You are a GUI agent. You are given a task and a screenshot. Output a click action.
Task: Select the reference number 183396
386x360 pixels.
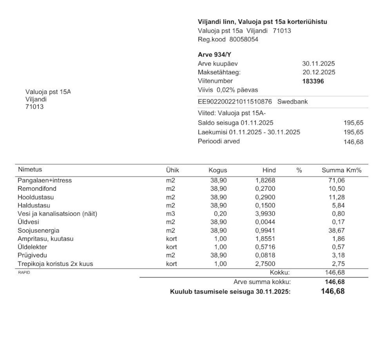point(313,81)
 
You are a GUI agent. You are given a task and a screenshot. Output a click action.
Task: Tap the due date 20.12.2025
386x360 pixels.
point(318,72)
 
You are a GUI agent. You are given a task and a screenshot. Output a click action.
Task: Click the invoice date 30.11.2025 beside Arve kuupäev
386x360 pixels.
point(318,64)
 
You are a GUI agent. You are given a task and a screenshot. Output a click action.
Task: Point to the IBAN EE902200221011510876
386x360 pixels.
point(235,102)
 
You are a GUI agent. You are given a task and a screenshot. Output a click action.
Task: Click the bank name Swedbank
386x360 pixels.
point(292,102)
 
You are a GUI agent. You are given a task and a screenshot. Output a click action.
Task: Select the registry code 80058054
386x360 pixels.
point(244,39)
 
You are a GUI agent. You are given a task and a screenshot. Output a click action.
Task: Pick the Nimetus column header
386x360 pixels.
point(30,170)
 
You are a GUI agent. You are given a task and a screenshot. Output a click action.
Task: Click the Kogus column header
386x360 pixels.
point(218,171)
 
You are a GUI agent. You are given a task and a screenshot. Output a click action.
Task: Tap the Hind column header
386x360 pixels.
point(269,171)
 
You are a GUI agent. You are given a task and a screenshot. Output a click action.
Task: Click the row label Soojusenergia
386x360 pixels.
point(38,230)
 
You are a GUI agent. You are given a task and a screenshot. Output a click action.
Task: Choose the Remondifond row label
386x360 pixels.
point(37,189)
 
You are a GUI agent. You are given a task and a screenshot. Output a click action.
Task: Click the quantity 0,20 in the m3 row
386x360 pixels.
point(221,214)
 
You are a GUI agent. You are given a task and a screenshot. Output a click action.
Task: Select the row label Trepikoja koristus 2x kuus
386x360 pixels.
point(55,264)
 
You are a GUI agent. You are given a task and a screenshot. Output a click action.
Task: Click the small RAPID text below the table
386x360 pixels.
point(22,272)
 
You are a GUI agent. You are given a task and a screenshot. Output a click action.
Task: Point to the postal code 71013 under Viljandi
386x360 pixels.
point(34,107)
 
